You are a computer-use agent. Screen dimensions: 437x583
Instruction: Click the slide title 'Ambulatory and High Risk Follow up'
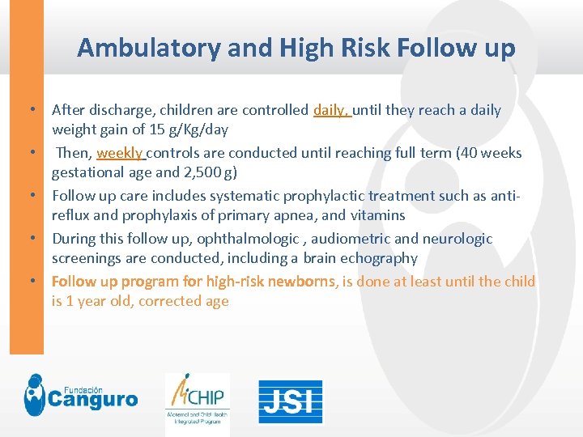point(296,49)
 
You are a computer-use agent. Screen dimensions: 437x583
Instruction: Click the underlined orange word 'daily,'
point(331,110)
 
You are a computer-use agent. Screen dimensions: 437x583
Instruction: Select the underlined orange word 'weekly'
point(119,153)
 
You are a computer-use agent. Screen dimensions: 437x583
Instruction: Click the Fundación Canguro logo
point(80,396)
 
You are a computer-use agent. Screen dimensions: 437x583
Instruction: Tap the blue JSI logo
point(290,401)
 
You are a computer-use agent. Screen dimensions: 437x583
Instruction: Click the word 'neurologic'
point(457,239)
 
